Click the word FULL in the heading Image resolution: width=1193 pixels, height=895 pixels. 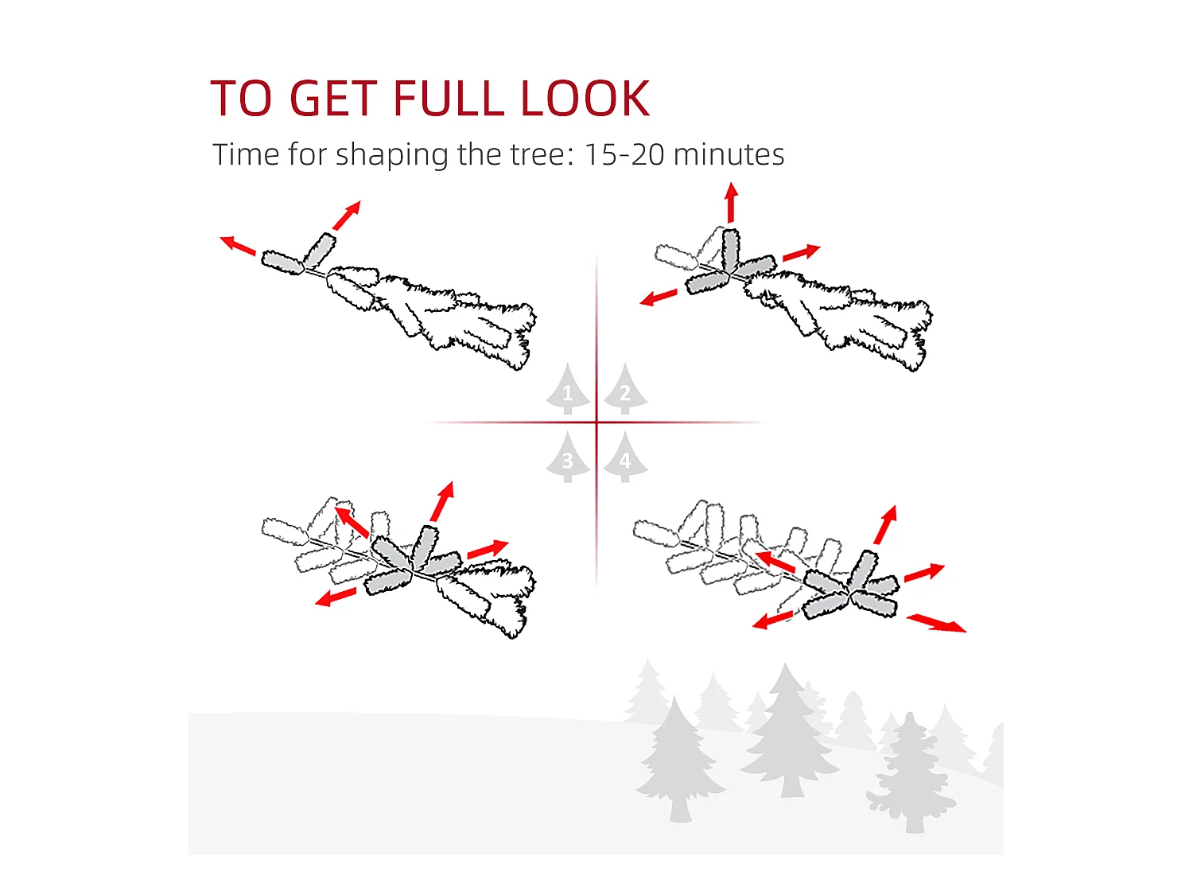coord(449,98)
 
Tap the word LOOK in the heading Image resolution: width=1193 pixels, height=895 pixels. coord(585,98)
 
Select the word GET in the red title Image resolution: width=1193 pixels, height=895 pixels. coord(334,98)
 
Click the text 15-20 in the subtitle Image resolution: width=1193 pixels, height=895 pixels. coord(624,154)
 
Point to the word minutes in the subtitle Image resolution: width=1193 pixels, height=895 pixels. coord(729,154)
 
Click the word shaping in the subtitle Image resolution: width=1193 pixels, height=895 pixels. coord(391,156)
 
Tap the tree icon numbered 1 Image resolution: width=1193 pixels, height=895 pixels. coord(568,388)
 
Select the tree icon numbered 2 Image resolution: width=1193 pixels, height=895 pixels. coord(626,388)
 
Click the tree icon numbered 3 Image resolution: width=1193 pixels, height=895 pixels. coord(568,457)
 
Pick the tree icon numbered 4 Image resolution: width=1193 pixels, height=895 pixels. coord(626,457)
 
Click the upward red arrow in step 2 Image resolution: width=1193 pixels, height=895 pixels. coord(732,202)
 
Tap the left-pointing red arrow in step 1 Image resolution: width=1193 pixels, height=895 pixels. coord(238,246)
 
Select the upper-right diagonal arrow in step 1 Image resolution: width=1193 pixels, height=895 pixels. coord(347,215)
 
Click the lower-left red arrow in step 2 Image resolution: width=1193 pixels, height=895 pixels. coord(659,298)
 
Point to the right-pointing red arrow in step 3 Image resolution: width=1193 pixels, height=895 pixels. coord(488,550)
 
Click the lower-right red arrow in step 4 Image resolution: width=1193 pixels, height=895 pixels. coord(936,623)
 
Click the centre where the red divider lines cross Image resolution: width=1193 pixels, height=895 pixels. coord(596,422)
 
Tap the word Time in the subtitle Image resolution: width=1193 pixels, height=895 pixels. coord(245,154)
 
